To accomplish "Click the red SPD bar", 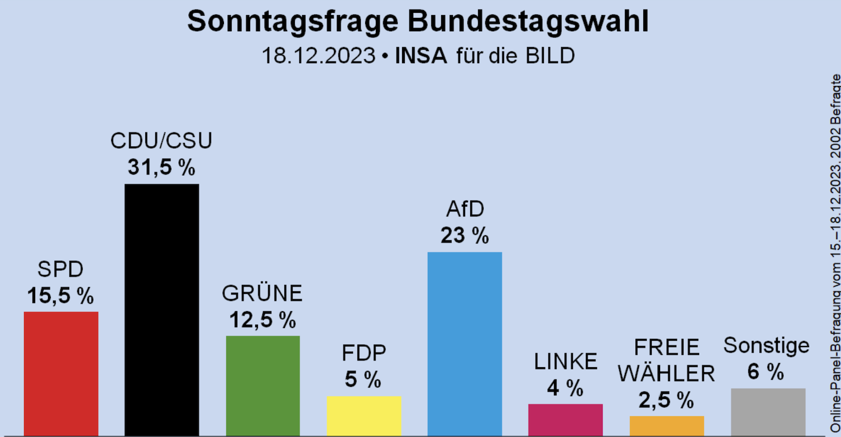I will [x=61, y=373].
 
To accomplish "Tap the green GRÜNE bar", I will [x=262, y=386].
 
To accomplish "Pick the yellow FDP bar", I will [x=364, y=416].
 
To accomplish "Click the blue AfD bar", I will [x=465, y=344].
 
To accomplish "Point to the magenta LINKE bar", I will [x=565, y=420].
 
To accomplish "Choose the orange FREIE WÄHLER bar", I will [x=666, y=426].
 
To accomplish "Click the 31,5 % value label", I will [x=161, y=167].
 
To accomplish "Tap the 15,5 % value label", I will [x=61, y=295].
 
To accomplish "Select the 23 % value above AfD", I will [x=465, y=236].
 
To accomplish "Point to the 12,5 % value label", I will [x=262, y=320].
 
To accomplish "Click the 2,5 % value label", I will [x=666, y=400].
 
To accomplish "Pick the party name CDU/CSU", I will [x=161, y=141].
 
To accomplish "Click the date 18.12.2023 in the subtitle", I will [x=318, y=56].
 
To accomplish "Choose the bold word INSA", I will [x=421, y=56].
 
